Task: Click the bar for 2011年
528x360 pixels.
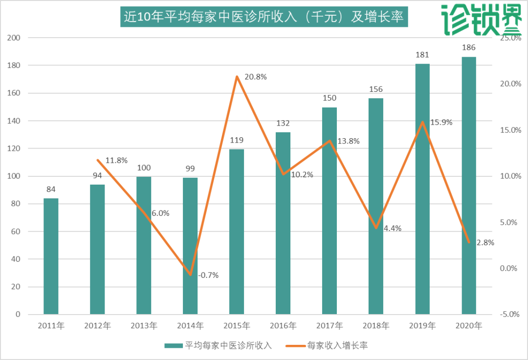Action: pyautogui.click(x=51, y=256)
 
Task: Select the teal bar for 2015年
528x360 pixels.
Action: pyautogui.click(x=237, y=232)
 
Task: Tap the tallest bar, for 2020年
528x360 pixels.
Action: pyautogui.click(x=469, y=186)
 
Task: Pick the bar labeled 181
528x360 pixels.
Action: pyautogui.click(x=422, y=189)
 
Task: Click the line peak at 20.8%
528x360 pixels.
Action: pyautogui.click(x=237, y=77)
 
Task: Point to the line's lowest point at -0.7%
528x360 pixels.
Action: pyautogui.click(x=190, y=275)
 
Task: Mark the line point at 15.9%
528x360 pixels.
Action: pyautogui.click(x=422, y=122)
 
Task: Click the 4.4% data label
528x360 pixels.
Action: pyautogui.click(x=392, y=228)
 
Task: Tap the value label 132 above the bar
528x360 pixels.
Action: pyautogui.click(x=283, y=123)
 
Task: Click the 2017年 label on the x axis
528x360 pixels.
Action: pyautogui.click(x=330, y=325)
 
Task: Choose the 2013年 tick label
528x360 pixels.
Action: pyautogui.click(x=144, y=325)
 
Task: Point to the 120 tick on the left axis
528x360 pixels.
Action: pyautogui.click(x=21, y=148)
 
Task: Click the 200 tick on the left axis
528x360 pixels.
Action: pyautogui.click(x=21, y=38)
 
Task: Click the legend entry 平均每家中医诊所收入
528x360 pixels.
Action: pyautogui.click(x=219, y=345)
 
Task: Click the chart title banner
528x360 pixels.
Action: pyautogui.click(x=264, y=17)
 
